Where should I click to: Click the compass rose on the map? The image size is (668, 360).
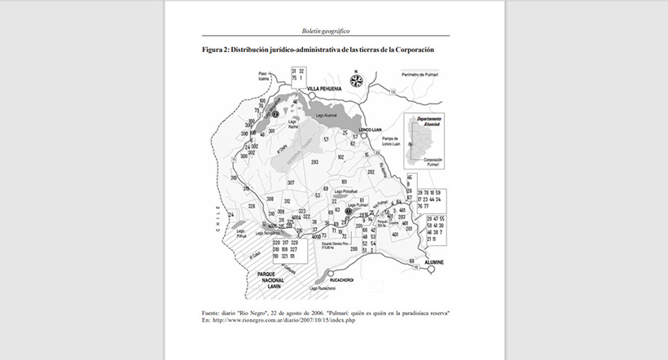pos(355,80)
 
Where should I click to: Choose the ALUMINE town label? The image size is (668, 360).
pos(434,261)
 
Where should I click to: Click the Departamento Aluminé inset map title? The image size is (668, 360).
pos(428,123)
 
